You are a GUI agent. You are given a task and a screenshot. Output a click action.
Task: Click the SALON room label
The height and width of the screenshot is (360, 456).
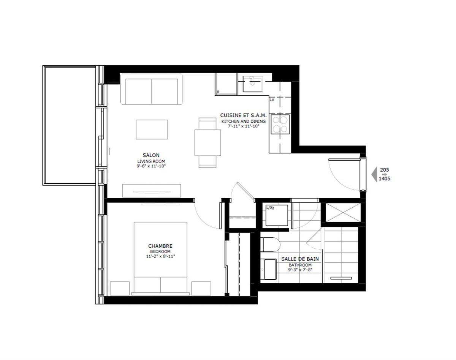pos(151,155)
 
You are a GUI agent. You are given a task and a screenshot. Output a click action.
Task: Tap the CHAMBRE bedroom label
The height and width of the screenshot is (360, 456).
pos(160,246)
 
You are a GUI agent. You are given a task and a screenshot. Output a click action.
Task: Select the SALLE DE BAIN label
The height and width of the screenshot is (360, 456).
pos(300,259)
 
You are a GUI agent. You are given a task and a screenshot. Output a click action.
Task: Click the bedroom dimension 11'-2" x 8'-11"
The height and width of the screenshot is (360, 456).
pos(160,256)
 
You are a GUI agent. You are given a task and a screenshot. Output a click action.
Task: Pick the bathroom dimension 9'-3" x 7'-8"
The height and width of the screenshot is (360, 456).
pos(300,270)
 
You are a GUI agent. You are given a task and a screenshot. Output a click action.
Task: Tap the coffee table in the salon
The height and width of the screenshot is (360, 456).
pos(152,129)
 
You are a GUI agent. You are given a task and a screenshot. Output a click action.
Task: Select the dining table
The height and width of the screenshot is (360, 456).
pos(207,142)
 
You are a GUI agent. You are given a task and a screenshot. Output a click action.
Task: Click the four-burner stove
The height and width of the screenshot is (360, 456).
pos(280,124)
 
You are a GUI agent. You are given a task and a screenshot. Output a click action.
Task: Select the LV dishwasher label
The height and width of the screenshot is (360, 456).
pos(272,99)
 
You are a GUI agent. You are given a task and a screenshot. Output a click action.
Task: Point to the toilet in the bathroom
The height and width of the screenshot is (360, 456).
pos(270,245)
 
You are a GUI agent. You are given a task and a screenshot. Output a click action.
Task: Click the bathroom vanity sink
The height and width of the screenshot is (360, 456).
pos(270,269)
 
